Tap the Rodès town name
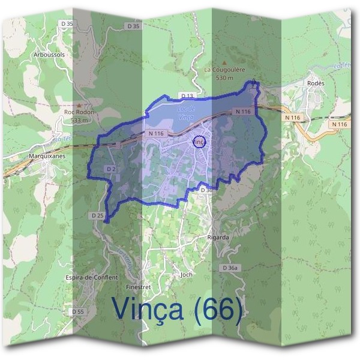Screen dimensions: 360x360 tap(316, 83)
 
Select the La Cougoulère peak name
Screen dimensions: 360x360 tap(225, 70)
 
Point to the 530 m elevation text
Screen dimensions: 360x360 tap(224, 78)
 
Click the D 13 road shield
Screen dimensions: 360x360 tap(188, 95)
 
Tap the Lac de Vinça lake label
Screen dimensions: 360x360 tap(185, 112)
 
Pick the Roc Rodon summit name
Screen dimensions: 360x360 tap(80, 112)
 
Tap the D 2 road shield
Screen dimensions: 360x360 tap(111, 169)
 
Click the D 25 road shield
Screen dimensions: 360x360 tap(98, 215)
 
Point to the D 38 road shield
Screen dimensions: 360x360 tap(206, 190)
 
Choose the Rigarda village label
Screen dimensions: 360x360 tap(218, 237)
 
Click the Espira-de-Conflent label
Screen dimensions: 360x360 tap(92, 278)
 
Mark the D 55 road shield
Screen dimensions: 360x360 tap(77, 311)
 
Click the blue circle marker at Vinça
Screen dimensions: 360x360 tap(200, 142)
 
